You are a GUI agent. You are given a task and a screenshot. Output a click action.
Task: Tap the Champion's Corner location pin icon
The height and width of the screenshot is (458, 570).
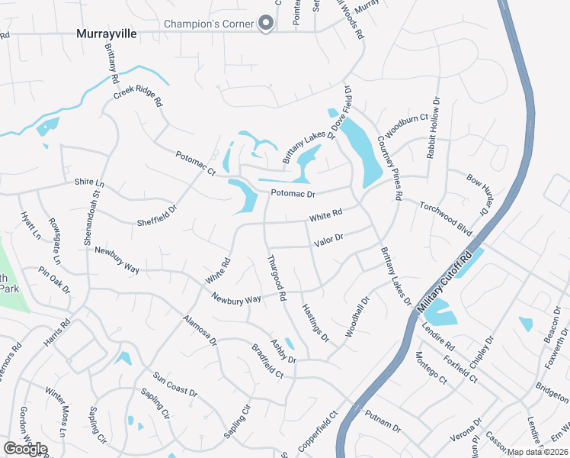(266, 24)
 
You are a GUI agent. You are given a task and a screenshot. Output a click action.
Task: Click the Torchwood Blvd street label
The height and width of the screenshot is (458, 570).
(446, 218)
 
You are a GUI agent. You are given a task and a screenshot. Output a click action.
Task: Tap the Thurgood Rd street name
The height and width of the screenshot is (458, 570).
(276, 276)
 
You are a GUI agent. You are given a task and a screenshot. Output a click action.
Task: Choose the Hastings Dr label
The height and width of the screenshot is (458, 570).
(315, 321)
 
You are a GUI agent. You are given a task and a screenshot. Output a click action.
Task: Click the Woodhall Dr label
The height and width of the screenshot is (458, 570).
(357, 317)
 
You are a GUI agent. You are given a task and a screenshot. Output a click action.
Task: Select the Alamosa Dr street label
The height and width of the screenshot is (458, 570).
(200, 328)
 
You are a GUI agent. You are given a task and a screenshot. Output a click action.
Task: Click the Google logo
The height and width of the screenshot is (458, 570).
(25, 449)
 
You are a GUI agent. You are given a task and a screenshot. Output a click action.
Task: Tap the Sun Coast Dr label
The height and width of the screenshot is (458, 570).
(175, 384)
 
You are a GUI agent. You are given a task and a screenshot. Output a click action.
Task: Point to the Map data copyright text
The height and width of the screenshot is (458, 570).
(538, 452)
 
